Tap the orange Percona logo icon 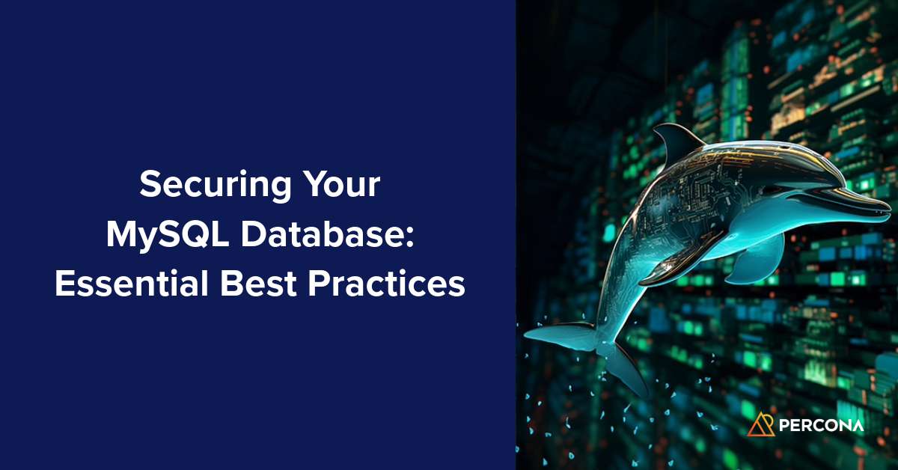coord(760,424)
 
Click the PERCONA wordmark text coord(821,425)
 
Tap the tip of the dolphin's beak coord(888,212)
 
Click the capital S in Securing coord(148,186)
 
